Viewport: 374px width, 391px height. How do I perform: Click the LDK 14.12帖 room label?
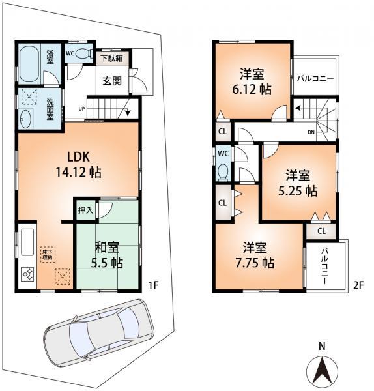pyautogui.click(x=81, y=164)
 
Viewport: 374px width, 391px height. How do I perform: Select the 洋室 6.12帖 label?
pyautogui.click(x=250, y=82)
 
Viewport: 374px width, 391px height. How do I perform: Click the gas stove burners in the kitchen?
pyautogui.click(x=29, y=274)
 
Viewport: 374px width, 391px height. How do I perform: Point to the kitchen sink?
pyautogui.click(x=27, y=241)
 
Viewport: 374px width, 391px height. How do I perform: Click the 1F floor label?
pyautogui.click(x=153, y=284)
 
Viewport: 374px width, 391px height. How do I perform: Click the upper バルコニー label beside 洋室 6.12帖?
pyautogui.click(x=315, y=78)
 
